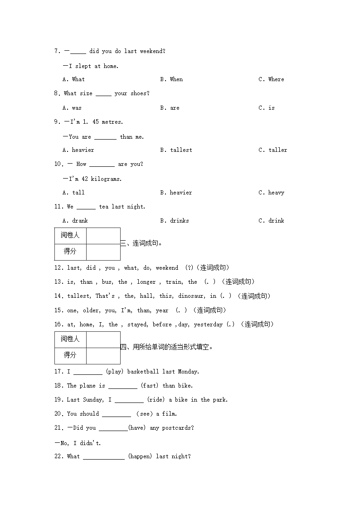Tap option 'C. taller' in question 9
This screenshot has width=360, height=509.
[272, 150]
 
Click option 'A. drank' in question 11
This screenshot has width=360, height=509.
[75, 221]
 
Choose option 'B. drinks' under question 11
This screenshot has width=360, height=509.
[174, 221]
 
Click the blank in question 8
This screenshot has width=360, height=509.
[103, 94]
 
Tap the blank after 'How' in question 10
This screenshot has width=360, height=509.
[102, 165]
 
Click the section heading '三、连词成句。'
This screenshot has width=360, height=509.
[141, 243]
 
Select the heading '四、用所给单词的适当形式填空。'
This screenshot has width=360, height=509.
[166, 347]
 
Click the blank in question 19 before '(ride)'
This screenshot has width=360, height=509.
[129, 400]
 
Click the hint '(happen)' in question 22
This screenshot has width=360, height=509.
[140, 456]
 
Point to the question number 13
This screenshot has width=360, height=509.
[58, 282]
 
